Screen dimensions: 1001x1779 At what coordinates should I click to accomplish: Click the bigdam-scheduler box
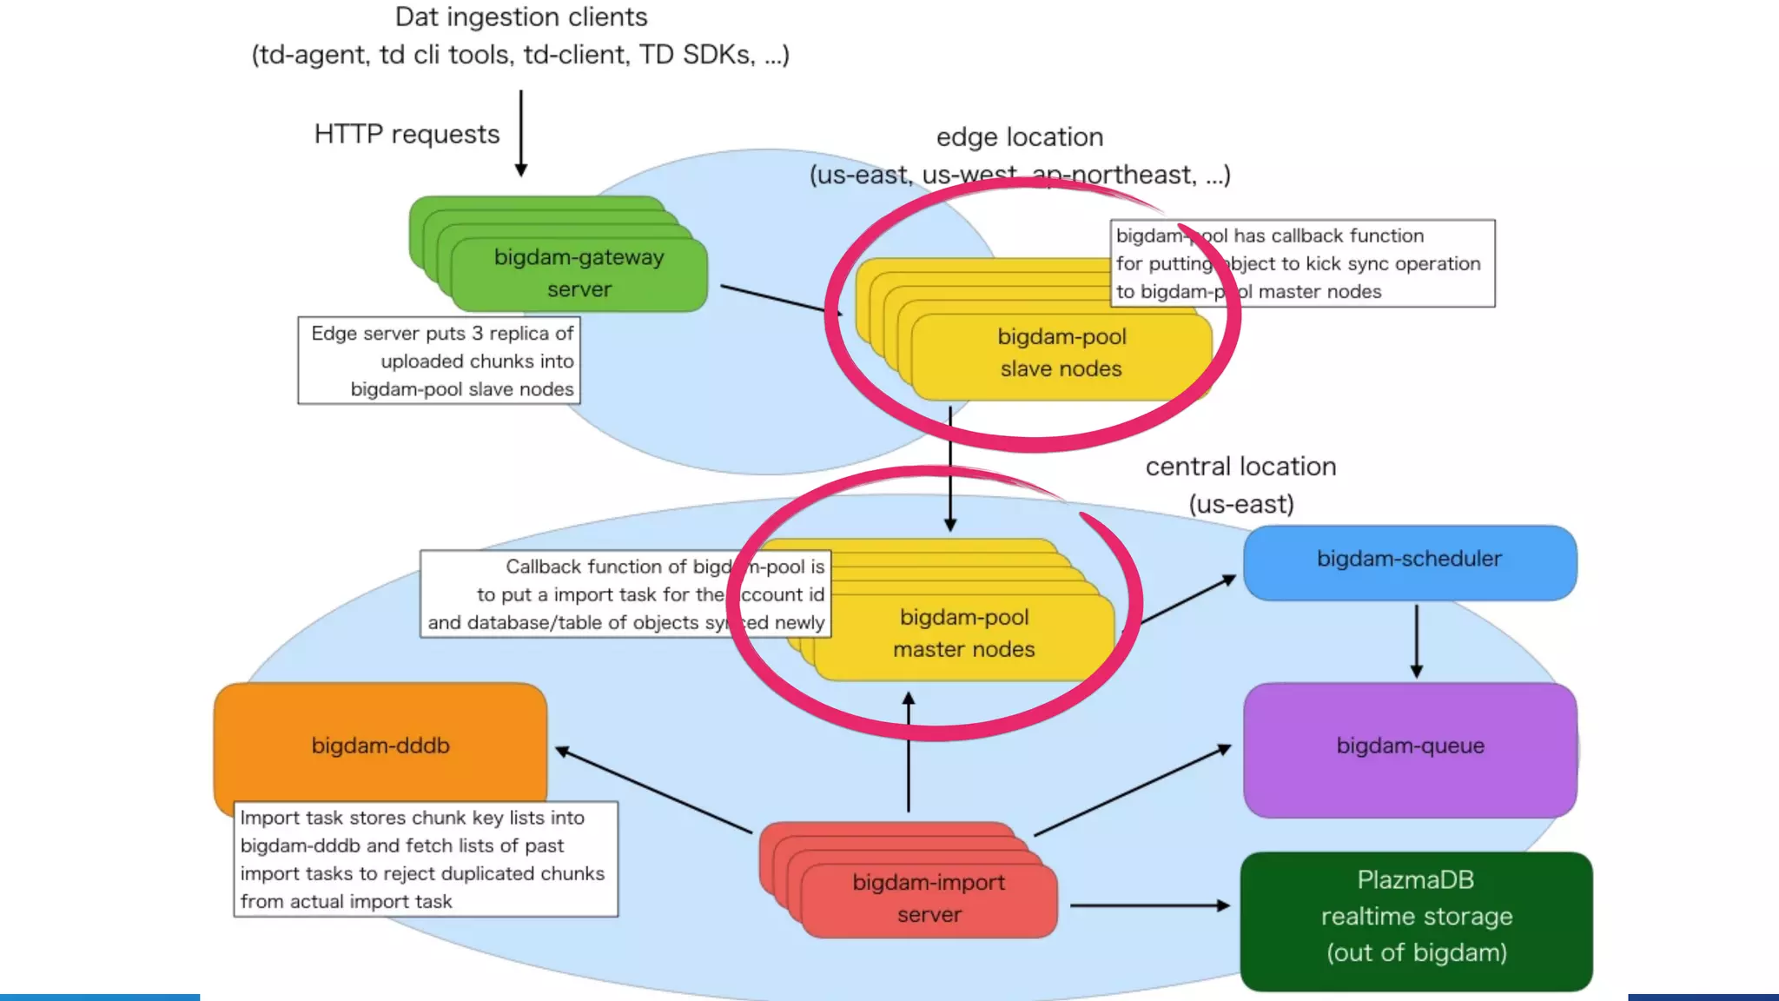1409,561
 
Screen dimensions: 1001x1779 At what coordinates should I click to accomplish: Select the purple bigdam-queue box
1409,747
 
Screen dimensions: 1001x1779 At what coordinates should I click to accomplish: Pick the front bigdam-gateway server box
579,274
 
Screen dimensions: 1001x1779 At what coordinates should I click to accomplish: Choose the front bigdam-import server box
929,899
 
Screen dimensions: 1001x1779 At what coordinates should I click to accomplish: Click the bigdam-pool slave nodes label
1061,353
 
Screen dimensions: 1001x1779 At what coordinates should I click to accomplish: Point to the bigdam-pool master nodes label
963,633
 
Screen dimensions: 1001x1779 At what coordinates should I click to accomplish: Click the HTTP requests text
407,135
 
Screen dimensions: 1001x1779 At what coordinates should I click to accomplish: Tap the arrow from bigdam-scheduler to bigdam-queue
1416,641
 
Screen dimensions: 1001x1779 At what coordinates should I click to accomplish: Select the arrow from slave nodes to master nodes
950,469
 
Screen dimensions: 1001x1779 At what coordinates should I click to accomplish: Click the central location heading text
1240,467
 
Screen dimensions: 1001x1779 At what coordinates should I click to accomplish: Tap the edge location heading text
1019,137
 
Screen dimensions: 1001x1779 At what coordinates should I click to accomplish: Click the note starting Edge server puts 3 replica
440,361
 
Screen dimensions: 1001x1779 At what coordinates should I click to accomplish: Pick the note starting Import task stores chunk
425,859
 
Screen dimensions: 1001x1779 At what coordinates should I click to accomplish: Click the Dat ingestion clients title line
520,17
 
